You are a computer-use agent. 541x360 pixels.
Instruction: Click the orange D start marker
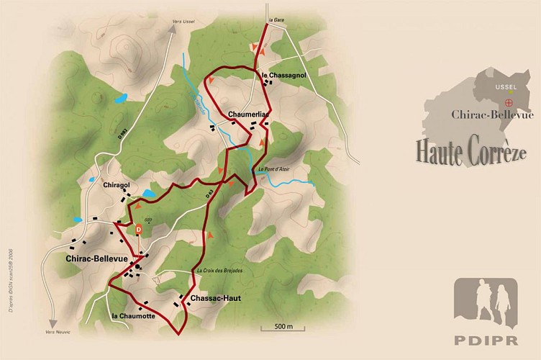pyautogui.click(x=139, y=229)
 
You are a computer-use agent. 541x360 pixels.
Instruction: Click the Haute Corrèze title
pyautogui.click(x=470, y=152)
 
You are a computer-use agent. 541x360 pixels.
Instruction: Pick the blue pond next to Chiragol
pyautogui.click(x=149, y=194)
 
